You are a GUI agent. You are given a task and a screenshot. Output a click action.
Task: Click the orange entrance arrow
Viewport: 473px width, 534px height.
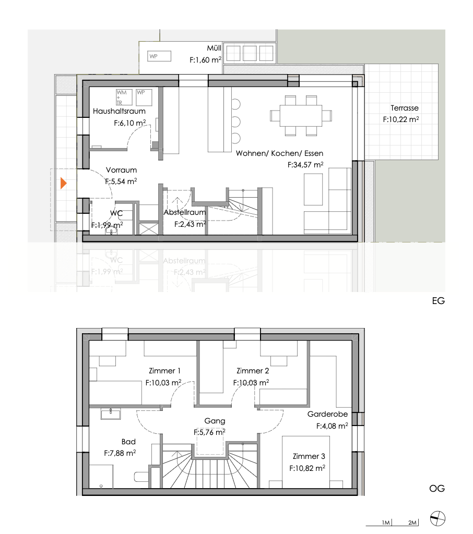click(64, 184)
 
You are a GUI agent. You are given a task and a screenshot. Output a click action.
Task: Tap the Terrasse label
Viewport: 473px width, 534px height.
click(405, 108)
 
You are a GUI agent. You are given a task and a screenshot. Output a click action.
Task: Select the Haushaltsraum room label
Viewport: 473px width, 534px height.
click(119, 111)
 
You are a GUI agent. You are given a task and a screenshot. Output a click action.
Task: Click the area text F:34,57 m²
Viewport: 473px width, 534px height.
click(305, 164)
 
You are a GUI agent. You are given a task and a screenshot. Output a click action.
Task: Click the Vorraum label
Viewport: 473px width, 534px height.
click(121, 170)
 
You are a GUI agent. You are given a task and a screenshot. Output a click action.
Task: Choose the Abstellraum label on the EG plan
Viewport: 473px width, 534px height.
click(185, 213)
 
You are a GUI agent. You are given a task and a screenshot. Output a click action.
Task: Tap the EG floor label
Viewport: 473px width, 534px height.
click(437, 301)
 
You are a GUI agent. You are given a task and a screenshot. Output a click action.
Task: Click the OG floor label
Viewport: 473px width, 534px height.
click(437, 489)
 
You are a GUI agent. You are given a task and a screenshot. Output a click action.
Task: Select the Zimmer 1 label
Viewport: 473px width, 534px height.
click(164, 371)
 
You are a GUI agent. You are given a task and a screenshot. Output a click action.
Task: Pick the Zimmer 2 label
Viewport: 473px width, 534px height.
click(253, 371)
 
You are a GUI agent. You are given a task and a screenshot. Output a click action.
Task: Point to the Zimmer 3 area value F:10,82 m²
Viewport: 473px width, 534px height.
click(308, 468)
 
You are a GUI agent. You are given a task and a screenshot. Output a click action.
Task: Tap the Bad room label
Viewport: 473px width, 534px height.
click(128, 442)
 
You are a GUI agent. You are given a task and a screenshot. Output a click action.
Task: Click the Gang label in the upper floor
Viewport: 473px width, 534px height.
click(215, 420)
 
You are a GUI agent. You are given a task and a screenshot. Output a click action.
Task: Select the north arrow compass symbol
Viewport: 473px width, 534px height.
click(437, 519)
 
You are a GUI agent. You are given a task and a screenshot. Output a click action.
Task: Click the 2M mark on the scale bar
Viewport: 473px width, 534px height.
click(412, 523)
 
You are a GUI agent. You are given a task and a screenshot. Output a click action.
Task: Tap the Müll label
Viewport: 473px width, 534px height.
click(214, 48)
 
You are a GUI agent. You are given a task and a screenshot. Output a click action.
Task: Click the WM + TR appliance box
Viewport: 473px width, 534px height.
click(124, 97)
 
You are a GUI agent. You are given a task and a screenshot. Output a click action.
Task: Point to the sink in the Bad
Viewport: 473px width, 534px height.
click(111, 414)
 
